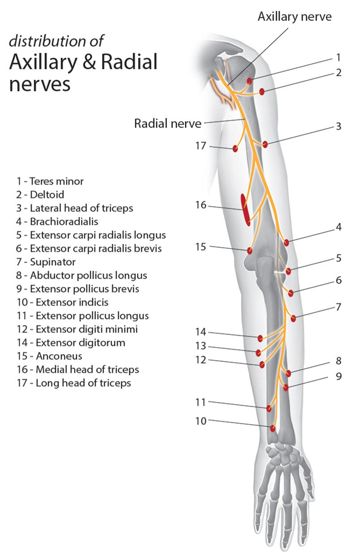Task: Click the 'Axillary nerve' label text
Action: (295, 17)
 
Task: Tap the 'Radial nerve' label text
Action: (168, 123)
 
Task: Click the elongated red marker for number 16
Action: (245, 210)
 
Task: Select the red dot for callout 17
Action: (235, 148)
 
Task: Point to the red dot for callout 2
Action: (262, 92)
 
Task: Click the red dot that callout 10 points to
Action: (272, 428)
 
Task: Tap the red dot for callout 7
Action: (294, 319)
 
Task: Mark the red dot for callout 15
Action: (250, 250)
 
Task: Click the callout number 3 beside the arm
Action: (339, 126)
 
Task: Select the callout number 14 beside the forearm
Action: (200, 332)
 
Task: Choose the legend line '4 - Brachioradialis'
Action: (57, 221)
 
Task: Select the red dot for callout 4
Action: (286, 243)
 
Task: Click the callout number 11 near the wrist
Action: (200, 402)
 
